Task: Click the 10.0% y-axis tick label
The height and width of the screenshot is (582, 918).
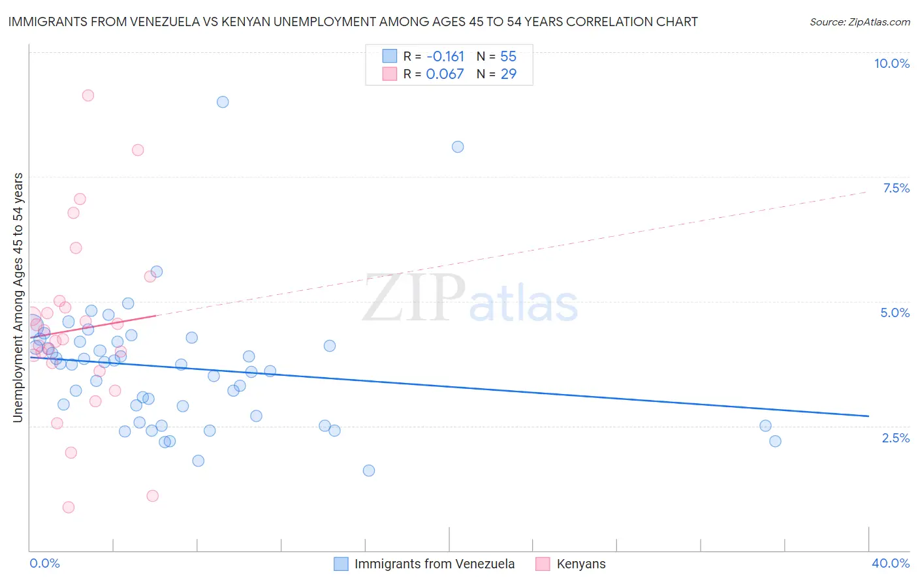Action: coord(892,63)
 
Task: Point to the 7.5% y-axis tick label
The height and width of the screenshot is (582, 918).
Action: coord(896,188)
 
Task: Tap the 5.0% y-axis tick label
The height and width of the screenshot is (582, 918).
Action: coord(894,313)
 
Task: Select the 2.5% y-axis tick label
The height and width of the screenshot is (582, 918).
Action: coord(895,438)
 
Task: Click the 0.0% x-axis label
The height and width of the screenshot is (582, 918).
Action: coord(44,563)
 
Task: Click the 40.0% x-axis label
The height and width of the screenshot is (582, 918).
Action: coord(890,563)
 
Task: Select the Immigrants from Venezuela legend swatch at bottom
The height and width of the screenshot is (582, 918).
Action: coord(341,564)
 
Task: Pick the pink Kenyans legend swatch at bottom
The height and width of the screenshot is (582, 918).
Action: coord(543,564)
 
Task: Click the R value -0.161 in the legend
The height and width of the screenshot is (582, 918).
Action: coord(445,56)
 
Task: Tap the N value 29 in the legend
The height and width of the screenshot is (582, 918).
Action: coord(508,74)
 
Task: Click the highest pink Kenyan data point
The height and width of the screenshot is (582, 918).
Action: coord(88,95)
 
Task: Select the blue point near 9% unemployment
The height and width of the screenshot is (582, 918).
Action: coord(223,102)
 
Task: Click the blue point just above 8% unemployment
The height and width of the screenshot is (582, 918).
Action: coord(458,147)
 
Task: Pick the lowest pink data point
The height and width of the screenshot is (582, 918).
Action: coord(69,507)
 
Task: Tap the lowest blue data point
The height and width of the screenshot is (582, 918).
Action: coord(369,470)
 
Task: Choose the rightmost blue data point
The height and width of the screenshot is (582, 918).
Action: coord(775,441)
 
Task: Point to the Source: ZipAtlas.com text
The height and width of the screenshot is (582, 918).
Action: coord(859,22)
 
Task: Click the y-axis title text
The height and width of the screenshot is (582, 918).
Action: coord(18,297)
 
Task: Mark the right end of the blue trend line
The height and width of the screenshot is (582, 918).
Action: coord(868,416)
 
